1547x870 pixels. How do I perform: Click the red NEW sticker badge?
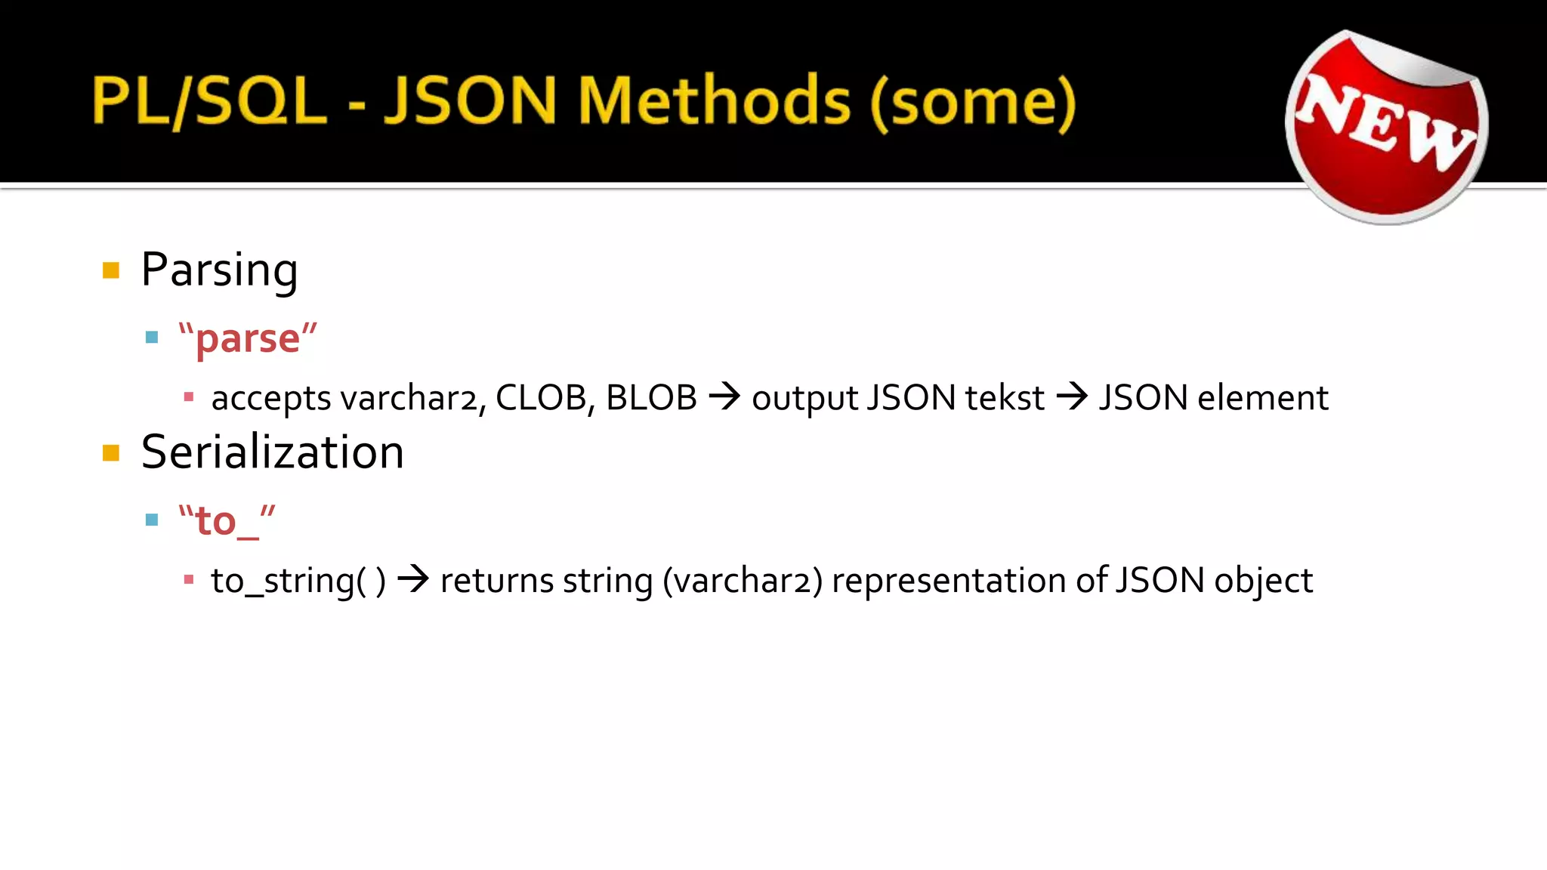1387,127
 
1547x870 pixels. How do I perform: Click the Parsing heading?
219,270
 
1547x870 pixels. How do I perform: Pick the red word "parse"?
248,338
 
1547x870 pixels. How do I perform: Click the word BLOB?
651,398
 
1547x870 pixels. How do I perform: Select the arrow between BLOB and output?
724,396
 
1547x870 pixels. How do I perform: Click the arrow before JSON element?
1072,396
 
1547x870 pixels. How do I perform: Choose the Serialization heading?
272,452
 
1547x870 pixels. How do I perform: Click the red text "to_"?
227,521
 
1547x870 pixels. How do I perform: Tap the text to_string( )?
298,582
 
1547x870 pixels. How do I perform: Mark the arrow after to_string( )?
413,580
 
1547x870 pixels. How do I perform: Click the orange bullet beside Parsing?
111,270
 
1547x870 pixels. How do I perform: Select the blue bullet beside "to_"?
152,520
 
